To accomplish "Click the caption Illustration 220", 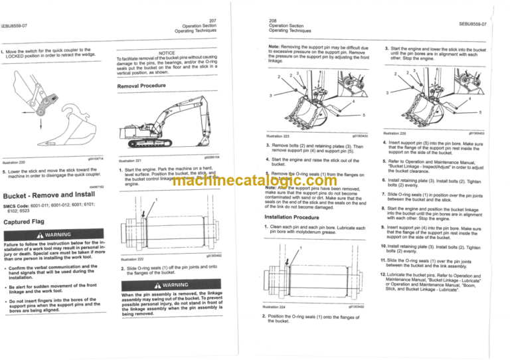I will [14, 161].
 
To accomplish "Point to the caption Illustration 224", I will [278, 307].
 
